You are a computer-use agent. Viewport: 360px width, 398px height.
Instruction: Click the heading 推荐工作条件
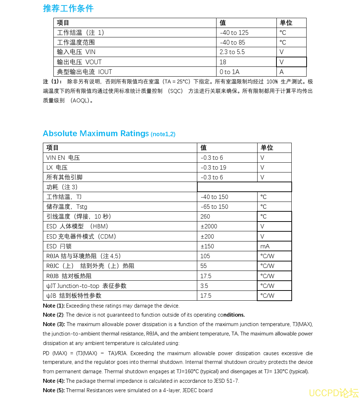pos(68,8)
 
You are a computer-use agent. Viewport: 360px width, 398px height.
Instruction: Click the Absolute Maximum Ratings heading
pos(96,134)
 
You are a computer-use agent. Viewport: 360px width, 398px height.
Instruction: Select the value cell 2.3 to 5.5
pos(232,52)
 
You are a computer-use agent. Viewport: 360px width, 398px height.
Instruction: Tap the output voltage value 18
pos(223,62)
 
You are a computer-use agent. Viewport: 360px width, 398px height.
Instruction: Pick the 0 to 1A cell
pos(230,72)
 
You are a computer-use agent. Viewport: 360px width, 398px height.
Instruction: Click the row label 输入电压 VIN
pos(76,52)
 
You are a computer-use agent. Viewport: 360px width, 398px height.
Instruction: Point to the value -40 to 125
pos(234,33)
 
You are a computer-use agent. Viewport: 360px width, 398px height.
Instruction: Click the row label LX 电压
pos(57,167)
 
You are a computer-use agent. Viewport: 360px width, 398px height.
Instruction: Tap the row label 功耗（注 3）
pos(62,187)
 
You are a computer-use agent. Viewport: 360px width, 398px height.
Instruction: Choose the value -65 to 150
pos(214,207)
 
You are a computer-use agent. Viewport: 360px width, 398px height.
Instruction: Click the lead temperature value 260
pos(205,216)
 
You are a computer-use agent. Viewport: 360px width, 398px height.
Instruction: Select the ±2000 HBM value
pos(209,226)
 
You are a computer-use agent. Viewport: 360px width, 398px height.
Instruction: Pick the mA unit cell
pos(265,246)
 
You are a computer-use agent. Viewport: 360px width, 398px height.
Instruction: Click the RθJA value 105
pos(205,256)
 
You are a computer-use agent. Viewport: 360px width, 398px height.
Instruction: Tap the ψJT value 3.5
pos(205,286)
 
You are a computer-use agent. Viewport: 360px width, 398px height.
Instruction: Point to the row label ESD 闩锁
pos(57,246)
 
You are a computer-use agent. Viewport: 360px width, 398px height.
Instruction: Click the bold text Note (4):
pos(54,381)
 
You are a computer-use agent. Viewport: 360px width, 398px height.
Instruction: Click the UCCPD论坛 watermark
pos(333,393)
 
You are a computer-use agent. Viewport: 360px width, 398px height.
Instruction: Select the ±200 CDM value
pos(207,236)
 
